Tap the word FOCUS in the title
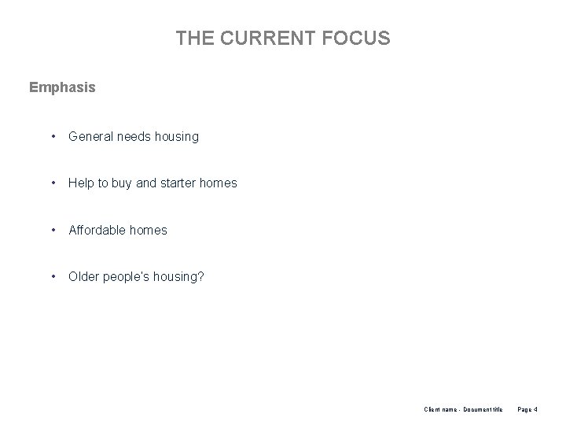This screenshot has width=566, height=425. [358, 38]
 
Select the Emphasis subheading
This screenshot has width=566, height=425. [62, 87]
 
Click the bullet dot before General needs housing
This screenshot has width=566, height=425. [53, 136]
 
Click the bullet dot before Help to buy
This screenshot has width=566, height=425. [53, 183]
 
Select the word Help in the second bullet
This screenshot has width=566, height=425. [82, 183]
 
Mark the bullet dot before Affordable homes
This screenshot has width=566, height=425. [53, 231]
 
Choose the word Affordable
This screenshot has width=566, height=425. [98, 231]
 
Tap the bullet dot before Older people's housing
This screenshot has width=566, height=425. [53, 276]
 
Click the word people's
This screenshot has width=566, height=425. [127, 277]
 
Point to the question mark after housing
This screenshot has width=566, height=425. [200, 276]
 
